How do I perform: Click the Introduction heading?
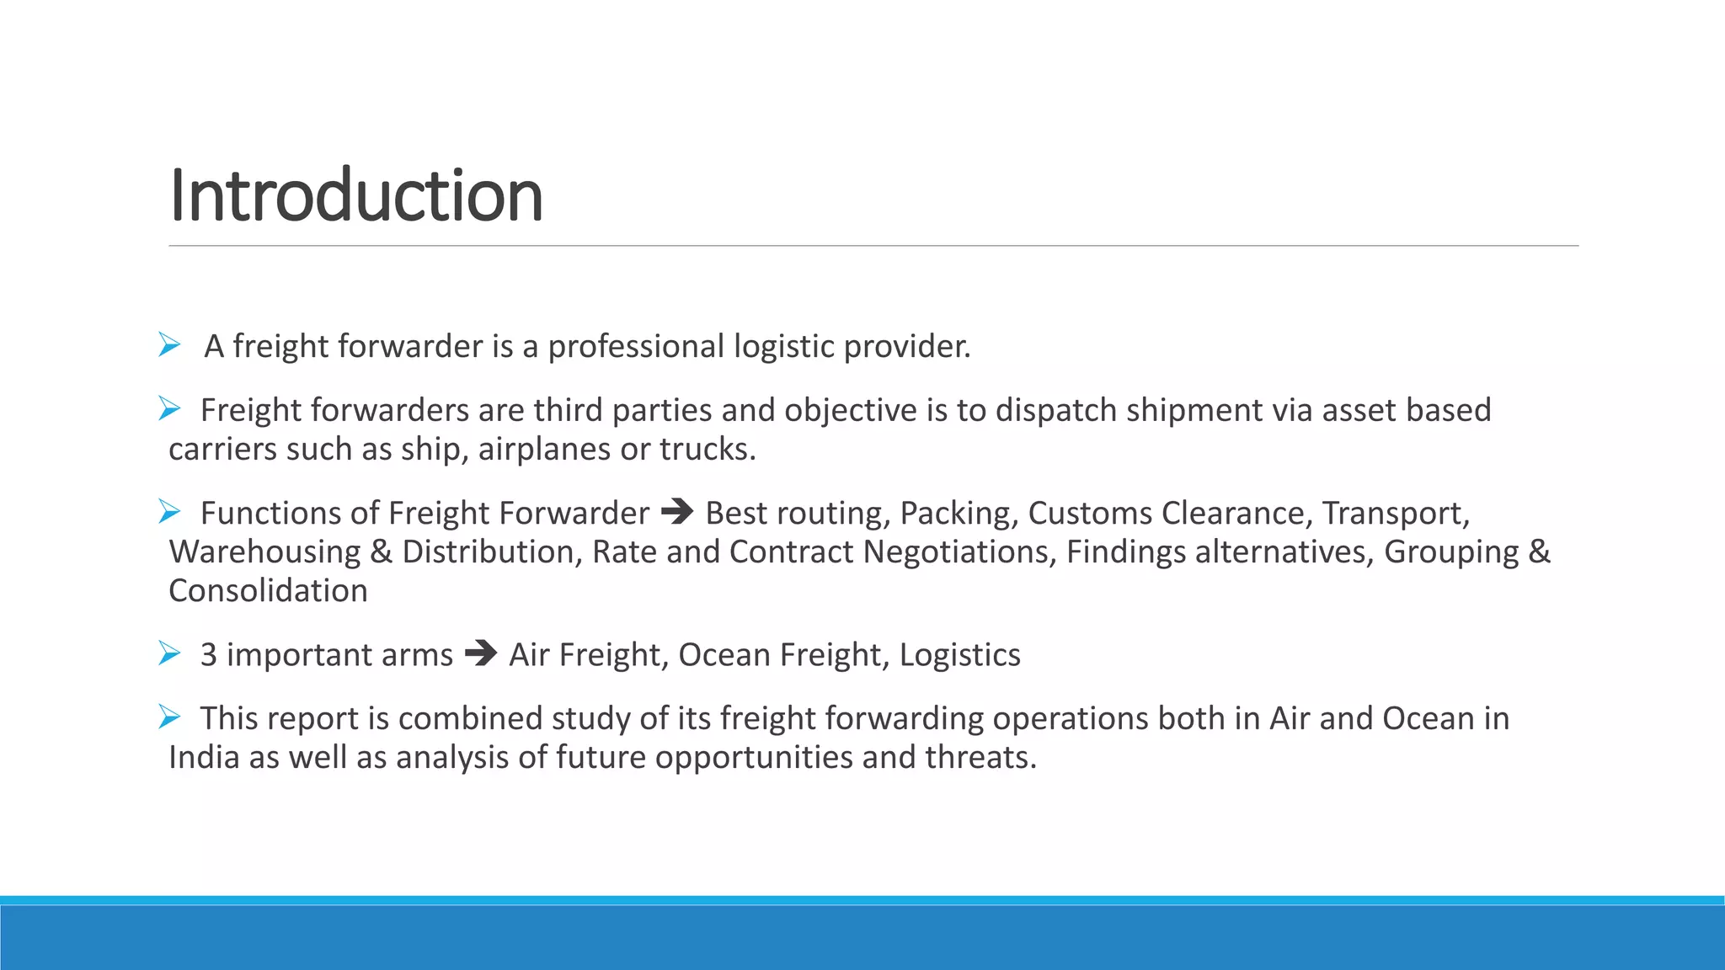355,195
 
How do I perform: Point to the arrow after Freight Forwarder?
677,512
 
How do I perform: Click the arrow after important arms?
481,653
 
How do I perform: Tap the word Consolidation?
268,591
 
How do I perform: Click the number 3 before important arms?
208,655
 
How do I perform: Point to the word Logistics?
959,655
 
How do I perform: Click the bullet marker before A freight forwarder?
169,344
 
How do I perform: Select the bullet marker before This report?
169,717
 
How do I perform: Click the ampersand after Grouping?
1539,552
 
